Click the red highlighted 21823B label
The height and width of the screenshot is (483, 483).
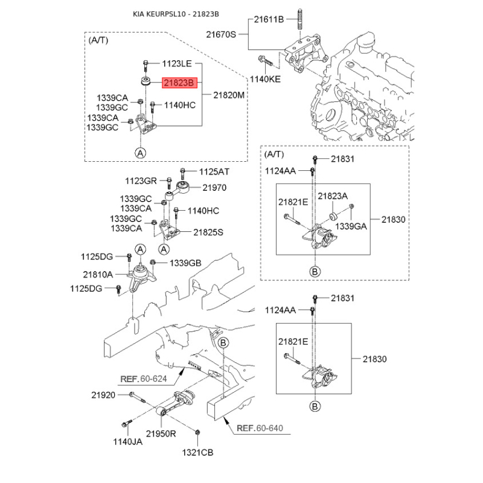pyautogui.click(x=179, y=83)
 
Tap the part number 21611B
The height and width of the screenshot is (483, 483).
pyautogui.click(x=269, y=19)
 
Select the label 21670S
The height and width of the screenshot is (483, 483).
pyautogui.click(x=221, y=34)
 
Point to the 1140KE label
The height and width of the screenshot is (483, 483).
pyautogui.click(x=265, y=79)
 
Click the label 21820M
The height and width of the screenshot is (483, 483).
pyautogui.click(x=229, y=95)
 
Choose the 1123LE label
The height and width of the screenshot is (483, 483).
pyautogui.click(x=177, y=64)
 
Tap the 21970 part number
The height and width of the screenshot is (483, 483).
pyautogui.click(x=214, y=188)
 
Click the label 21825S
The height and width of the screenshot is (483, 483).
pyautogui.click(x=208, y=232)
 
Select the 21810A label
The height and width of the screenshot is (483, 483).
pyautogui.click(x=98, y=275)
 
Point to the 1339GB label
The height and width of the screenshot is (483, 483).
pyautogui.click(x=185, y=263)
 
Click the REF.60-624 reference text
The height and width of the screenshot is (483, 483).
pyautogui.click(x=144, y=379)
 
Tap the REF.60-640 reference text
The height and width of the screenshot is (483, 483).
pyautogui.click(x=260, y=428)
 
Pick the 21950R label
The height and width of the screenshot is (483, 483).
pyautogui.click(x=161, y=433)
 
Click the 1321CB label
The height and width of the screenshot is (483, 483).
pyautogui.click(x=197, y=452)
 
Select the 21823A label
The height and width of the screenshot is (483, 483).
pyautogui.click(x=333, y=196)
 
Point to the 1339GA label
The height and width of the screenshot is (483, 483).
pyautogui.click(x=351, y=226)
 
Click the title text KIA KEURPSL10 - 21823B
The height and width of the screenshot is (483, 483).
pyautogui.click(x=176, y=14)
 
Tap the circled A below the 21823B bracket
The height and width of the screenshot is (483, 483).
pyautogui.click(x=141, y=153)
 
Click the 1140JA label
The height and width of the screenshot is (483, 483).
pyautogui.click(x=128, y=442)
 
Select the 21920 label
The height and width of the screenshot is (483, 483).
pyautogui.click(x=103, y=395)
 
